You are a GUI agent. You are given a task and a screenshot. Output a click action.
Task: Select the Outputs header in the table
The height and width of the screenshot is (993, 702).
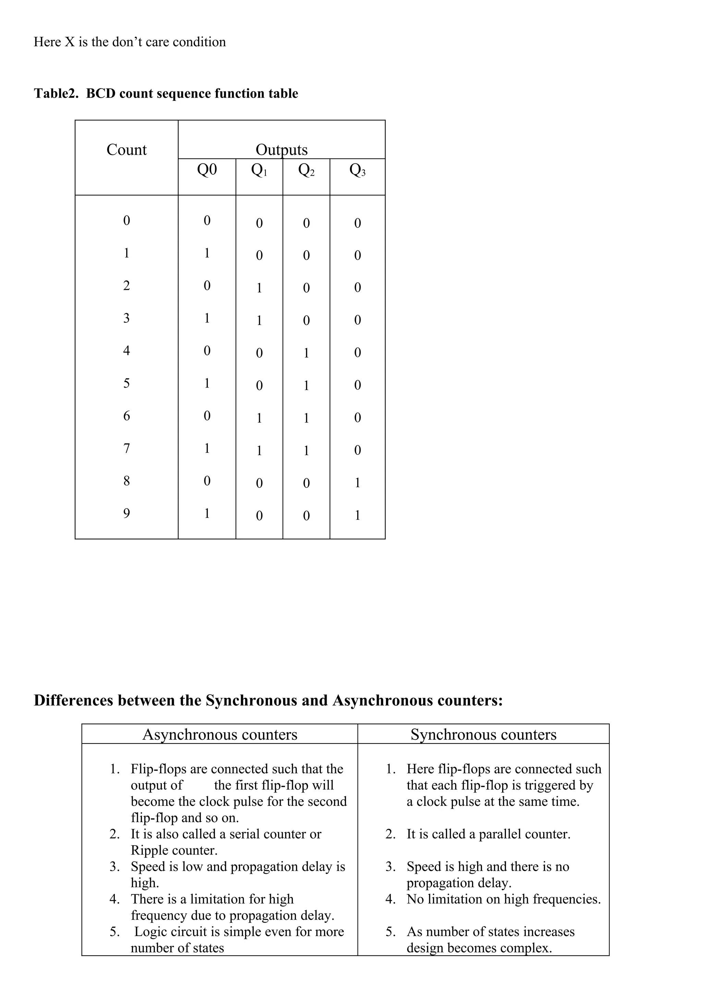[281, 150]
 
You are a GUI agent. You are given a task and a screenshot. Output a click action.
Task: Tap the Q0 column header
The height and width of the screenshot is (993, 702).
[207, 170]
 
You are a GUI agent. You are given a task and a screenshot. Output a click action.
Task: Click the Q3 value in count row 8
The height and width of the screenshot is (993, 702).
[357, 483]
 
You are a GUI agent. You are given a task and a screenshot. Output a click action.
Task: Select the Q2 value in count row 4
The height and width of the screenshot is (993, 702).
[306, 353]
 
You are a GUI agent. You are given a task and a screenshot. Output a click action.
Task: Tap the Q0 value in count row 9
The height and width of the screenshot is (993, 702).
[207, 513]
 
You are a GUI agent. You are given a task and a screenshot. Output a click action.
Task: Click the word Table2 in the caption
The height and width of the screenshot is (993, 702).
[56, 94]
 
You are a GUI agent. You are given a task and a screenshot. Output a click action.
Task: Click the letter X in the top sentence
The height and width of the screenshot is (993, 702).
[70, 42]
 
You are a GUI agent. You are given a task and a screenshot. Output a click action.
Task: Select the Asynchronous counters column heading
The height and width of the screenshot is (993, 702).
[220, 734]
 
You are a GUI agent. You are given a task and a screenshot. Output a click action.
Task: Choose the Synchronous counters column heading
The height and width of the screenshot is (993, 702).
[483, 734]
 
